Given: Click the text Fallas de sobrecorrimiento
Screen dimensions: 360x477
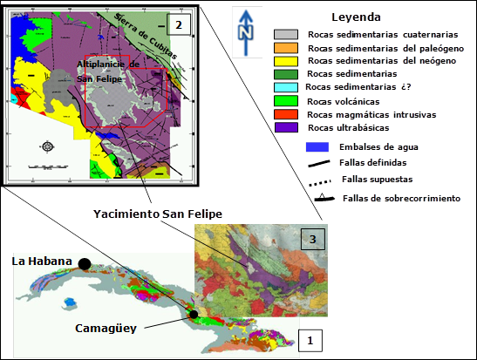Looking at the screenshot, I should pos(401,199).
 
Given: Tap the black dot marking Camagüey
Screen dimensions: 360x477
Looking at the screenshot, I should pos(194,314).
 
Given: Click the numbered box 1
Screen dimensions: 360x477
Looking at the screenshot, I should pos(311,339).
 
